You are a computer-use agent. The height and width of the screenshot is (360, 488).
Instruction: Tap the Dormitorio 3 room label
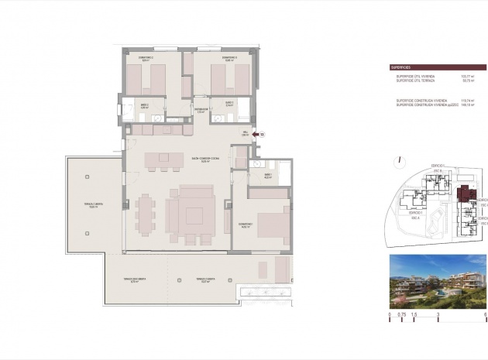tap(229, 58)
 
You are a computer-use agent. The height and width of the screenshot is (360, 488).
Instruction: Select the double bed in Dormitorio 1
tap(273, 225)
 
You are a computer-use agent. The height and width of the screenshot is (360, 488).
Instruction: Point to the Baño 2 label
tap(144, 105)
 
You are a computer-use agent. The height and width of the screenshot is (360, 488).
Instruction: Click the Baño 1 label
tap(268, 176)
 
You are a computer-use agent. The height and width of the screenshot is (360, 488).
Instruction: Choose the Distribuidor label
tap(201, 111)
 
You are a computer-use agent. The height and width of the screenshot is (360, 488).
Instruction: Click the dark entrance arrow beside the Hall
tap(256, 135)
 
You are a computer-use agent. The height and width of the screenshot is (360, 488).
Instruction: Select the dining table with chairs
tap(146, 213)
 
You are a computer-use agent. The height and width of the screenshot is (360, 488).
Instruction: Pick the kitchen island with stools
tap(162, 159)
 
